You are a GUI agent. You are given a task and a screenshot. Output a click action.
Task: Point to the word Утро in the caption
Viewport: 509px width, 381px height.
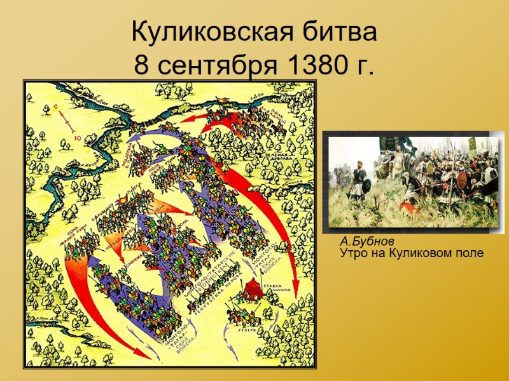click(x=352, y=253)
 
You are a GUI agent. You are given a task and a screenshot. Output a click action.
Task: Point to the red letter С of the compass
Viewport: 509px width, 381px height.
click(x=56, y=107)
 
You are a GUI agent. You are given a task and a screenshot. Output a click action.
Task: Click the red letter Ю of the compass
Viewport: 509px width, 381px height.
click(x=76, y=138)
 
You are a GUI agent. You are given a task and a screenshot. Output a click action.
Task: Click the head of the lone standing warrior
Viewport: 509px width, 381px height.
click(x=359, y=164)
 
